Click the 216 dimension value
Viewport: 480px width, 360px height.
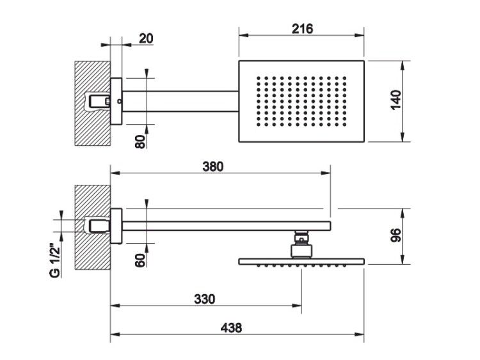(302, 29)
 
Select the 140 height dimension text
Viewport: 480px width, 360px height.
(396, 100)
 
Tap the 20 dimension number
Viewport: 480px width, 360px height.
(146, 39)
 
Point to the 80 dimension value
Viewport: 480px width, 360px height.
(140, 141)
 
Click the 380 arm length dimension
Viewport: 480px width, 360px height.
(213, 167)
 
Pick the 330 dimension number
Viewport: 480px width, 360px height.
(205, 299)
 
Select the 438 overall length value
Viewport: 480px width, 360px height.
(231, 328)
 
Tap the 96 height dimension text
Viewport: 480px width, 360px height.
(396, 235)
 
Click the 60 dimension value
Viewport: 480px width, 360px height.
(140, 260)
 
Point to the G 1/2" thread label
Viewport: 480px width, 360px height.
(55, 260)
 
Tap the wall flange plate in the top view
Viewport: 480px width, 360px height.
(116, 102)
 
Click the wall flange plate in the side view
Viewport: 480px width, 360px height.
(116, 226)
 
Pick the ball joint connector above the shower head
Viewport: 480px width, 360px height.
(301, 244)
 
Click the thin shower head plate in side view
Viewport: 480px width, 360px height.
(301, 262)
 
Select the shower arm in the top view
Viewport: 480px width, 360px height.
(180, 102)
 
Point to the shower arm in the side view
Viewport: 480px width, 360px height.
(226, 226)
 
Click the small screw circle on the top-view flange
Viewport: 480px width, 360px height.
(119, 100)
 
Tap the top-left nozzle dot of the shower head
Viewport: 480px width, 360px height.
(259, 78)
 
